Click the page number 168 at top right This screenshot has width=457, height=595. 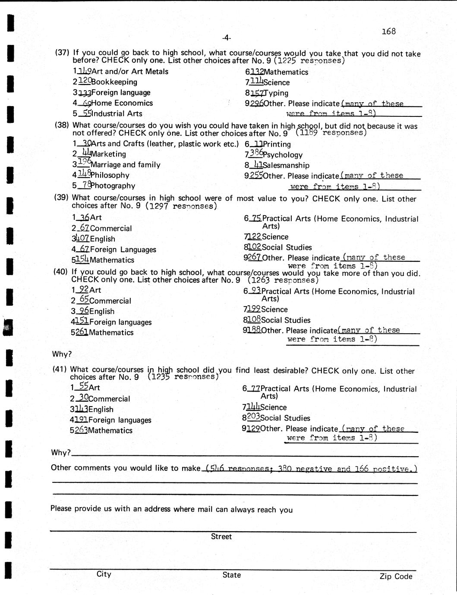(388, 31)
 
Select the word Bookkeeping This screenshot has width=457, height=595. (114, 82)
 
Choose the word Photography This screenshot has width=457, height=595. (113, 186)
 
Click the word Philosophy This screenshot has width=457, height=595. (110, 175)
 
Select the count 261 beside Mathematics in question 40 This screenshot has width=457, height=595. (82, 332)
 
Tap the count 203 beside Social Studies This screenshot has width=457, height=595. (253, 417)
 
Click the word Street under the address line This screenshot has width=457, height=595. (221, 537)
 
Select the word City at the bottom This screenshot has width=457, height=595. (104, 574)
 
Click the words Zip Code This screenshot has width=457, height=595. (396, 576)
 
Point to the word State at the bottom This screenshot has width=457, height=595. (232, 575)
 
